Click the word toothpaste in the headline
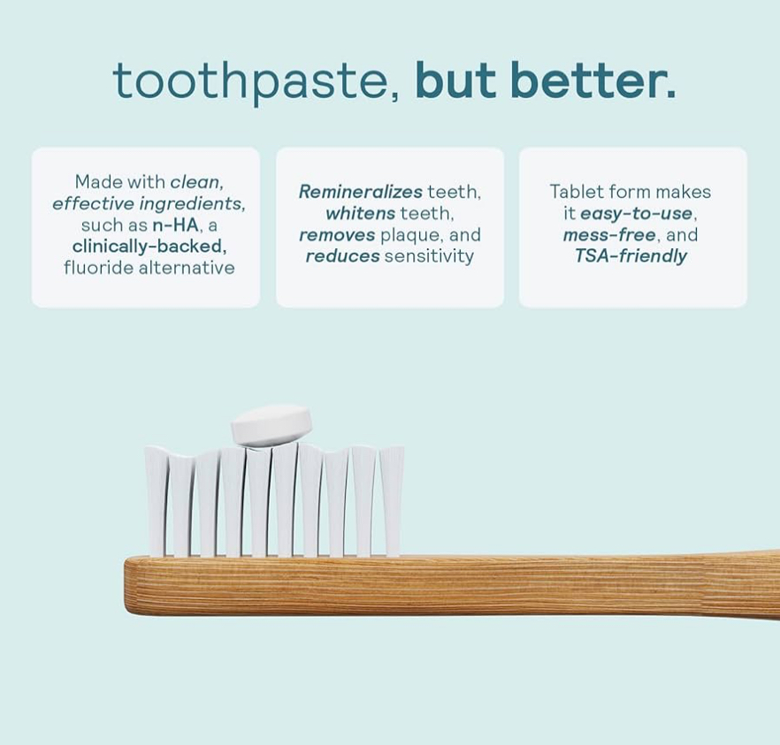click(249, 81)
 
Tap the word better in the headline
click(587, 80)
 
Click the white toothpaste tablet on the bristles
click(271, 424)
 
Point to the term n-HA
click(175, 225)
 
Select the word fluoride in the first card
click(98, 268)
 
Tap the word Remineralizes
click(361, 192)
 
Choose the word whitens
click(361, 213)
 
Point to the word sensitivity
click(429, 256)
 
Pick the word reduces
click(343, 256)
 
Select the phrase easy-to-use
click(636, 214)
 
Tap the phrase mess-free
click(609, 235)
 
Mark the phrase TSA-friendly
click(631, 256)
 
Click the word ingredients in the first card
click(193, 204)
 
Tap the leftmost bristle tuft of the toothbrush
click(157, 501)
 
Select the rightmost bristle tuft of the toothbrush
click(392, 501)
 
